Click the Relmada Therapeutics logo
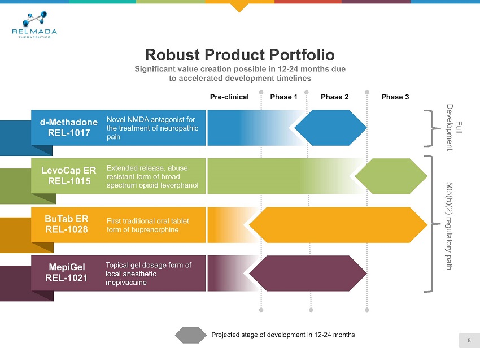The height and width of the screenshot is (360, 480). tap(34, 25)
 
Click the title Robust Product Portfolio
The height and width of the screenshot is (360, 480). tap(239, 55)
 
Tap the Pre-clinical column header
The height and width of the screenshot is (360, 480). tap(229, 97)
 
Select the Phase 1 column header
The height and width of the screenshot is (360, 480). tap(283, 97)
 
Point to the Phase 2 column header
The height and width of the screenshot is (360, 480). tap(335, 97)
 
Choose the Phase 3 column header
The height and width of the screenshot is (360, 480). tap(395, 97)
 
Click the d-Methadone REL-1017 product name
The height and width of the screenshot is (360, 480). tap(69, 128)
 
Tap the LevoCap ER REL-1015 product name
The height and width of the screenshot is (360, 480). tap(69, 176)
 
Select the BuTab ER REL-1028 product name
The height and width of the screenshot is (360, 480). tap(67, 224)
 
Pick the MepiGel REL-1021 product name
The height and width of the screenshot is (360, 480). tap(67, 272)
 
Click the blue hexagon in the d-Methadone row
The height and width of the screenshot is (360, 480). tap(330, 128)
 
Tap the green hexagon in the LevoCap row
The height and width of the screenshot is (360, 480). tap(391, 176)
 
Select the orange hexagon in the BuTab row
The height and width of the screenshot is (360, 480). tap(338, 225)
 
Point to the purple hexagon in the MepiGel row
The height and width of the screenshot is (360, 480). tap(308, 274)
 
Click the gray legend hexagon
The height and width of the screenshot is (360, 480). tap(191, 335)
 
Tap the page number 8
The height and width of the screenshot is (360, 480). tap(469, 340)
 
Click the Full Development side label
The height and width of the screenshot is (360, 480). tap(454, 128)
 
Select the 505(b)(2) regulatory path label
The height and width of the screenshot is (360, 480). tap(450, 226)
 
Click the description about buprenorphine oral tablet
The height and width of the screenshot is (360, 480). tap(148, 225)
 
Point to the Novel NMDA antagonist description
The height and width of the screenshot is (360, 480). tap(152, 128)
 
